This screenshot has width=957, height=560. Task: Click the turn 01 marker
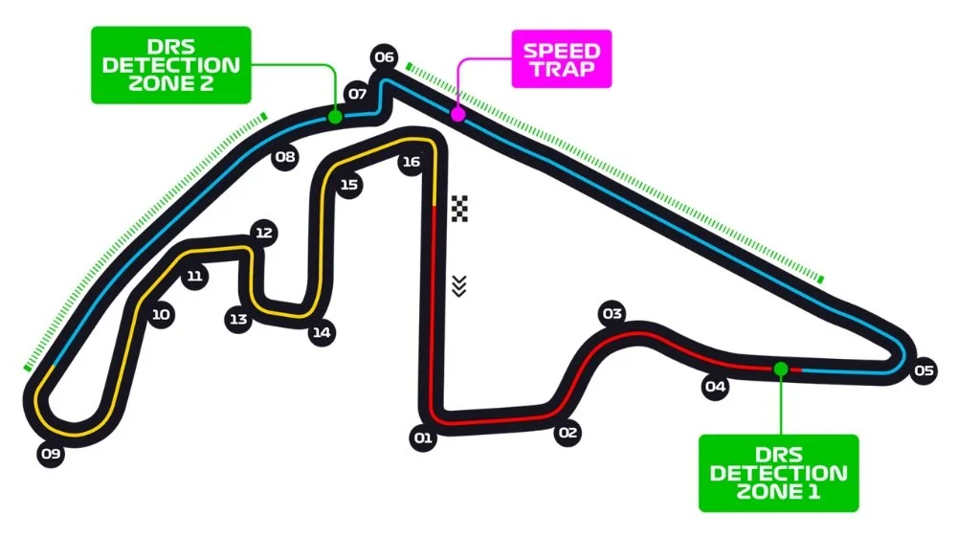422,439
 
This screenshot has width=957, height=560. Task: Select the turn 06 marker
385,57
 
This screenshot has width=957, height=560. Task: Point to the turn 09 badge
52,454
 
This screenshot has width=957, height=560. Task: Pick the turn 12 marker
264,233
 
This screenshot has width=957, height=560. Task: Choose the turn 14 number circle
321,333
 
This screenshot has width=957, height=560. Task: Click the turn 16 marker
411,163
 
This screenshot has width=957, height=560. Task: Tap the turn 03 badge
612,314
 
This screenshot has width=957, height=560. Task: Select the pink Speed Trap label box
561,59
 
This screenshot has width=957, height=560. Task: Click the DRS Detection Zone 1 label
778,473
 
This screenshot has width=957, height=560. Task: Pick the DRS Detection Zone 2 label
170,64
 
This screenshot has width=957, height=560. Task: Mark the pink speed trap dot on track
457,114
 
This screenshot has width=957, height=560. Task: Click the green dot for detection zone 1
781,369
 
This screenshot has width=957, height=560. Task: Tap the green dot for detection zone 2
335,116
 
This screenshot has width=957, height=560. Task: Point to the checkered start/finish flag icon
460,208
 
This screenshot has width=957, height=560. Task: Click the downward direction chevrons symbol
459,285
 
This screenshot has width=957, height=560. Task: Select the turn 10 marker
161,314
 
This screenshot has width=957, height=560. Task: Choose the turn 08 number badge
285,158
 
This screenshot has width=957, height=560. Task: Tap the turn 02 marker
568,433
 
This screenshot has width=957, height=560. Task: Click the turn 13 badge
238,319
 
